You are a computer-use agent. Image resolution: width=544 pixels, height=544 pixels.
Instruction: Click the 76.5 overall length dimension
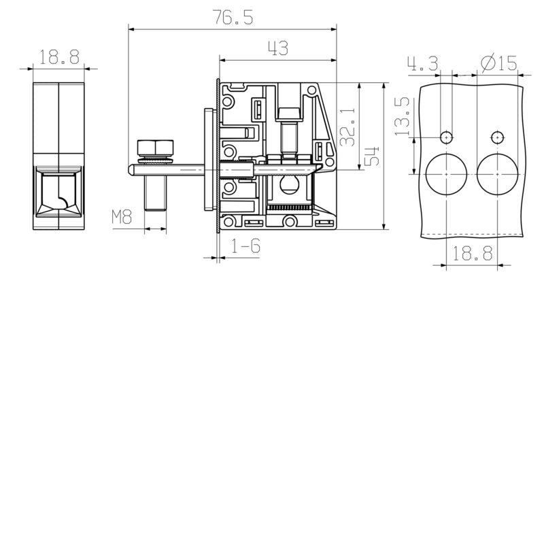coord(233,18)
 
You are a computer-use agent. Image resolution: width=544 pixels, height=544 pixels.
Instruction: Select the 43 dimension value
coord(279,48)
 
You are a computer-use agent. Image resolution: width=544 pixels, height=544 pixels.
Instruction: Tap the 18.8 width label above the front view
coord(59,58)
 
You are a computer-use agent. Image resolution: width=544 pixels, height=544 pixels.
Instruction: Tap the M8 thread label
coord(121,218)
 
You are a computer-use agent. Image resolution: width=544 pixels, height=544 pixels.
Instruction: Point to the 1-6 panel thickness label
coord(245,247)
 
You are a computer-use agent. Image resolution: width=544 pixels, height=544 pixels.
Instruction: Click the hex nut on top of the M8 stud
coord(156,147)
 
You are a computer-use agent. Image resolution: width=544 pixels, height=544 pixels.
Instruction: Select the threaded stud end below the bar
coord(156,194)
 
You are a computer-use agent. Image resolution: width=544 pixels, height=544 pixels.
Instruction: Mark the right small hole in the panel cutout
coord(498,137)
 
